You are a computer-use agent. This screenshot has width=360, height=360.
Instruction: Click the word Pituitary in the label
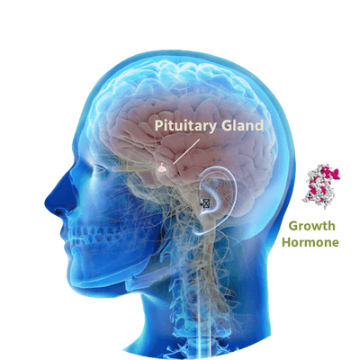185,126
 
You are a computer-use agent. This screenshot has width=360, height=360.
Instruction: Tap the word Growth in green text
312,226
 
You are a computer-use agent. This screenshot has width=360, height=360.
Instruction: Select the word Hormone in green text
310,242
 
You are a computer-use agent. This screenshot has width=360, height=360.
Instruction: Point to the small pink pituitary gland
162,168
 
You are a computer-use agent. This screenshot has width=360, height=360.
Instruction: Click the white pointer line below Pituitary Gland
186,151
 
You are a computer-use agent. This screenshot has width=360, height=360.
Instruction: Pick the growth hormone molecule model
321,186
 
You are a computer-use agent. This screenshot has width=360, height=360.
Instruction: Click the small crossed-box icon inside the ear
206,203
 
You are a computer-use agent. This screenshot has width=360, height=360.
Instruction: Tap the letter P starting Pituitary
159,126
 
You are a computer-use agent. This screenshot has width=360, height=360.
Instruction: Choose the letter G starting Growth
294,226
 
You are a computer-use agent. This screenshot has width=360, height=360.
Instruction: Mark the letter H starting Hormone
286,242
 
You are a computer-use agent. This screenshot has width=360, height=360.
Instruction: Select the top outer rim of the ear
222,170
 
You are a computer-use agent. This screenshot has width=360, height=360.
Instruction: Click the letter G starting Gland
227,126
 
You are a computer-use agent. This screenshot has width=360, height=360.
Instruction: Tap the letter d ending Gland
259,126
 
